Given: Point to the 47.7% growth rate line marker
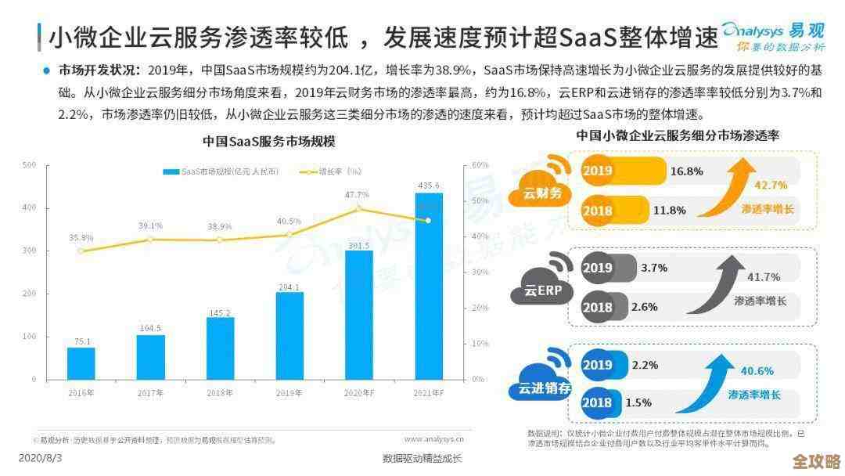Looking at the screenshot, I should point(358,208).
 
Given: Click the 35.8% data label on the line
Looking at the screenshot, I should point(81,237).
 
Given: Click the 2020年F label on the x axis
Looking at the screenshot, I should point(358,391).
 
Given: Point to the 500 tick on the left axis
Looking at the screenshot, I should point(29,165).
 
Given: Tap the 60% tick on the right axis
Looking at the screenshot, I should point(480,165).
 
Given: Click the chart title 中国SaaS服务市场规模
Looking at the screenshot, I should point(268,142).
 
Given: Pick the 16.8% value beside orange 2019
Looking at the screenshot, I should point(687,171).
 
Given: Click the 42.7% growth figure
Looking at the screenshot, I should point(770,185).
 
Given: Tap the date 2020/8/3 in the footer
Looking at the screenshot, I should point(40,456).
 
